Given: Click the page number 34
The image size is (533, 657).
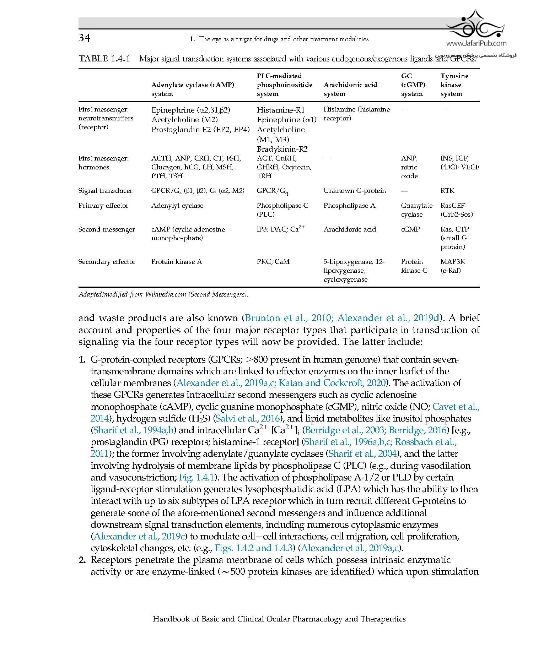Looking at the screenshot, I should click(x=85, y=38).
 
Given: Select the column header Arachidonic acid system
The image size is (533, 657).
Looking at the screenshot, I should click(x=350, y=89).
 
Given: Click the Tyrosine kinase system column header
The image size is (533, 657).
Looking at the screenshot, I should click(x=454, y=85).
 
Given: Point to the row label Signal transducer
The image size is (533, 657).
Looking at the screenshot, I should click(x=105, y=191).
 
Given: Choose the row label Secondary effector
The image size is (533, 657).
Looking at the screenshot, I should click(x=107, y=262).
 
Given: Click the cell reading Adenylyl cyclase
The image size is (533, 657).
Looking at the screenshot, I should click(x=177, y=206).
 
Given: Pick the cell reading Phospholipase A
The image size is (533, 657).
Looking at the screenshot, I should click(x=349, y=206).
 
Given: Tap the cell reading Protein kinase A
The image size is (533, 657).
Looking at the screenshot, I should click(x=177, y=262).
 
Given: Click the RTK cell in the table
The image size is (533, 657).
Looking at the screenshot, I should click(x=447, y=191).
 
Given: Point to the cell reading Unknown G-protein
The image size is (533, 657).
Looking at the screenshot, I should click(x=355, y=191).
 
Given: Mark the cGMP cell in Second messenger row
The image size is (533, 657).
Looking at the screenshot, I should click(x=410, y=229).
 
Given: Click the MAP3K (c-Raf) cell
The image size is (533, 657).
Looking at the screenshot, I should click(x=452, y=266).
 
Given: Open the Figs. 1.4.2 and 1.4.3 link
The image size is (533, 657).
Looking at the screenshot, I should click(x=254, y=548).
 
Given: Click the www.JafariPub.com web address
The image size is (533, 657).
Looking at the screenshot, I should click(x=476, y=44).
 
